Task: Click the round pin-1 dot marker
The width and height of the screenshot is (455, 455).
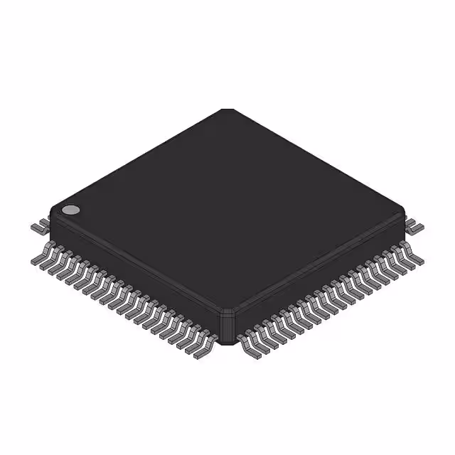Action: click(70, 210)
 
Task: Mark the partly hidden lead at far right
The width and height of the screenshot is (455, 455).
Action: click(414, 227)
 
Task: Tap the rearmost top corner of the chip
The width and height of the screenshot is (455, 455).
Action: click(227, 110)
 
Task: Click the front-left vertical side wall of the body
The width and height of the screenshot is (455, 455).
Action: click(135, 270)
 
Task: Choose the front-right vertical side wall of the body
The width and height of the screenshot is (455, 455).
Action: click(320, 270)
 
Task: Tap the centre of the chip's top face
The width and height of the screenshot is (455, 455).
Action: click(227, 210)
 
